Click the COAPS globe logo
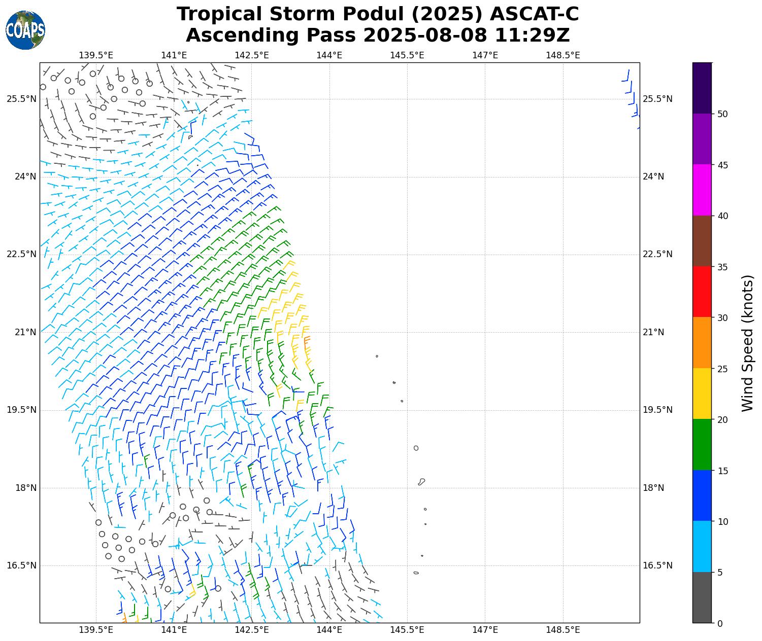25,30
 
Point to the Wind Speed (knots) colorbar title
747,343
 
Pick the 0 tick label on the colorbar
719,623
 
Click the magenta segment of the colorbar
702,190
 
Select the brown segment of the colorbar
702,241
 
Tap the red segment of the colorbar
702,292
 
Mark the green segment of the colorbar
702,445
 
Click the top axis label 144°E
329,55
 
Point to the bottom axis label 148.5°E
562,630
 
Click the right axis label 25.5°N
657,99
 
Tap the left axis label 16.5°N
21,565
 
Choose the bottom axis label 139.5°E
96,630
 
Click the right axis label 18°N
653,488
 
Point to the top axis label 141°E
174,55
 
